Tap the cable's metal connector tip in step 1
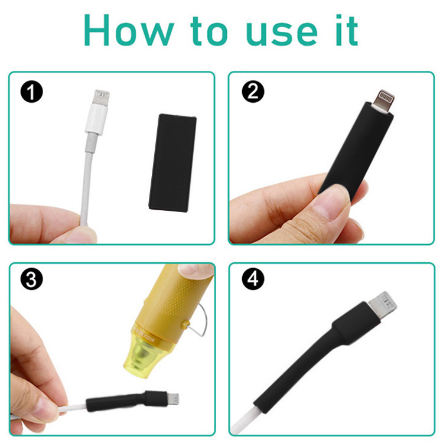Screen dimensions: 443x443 tap(102, 96)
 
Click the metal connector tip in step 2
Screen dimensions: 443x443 tap(386, 97)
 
